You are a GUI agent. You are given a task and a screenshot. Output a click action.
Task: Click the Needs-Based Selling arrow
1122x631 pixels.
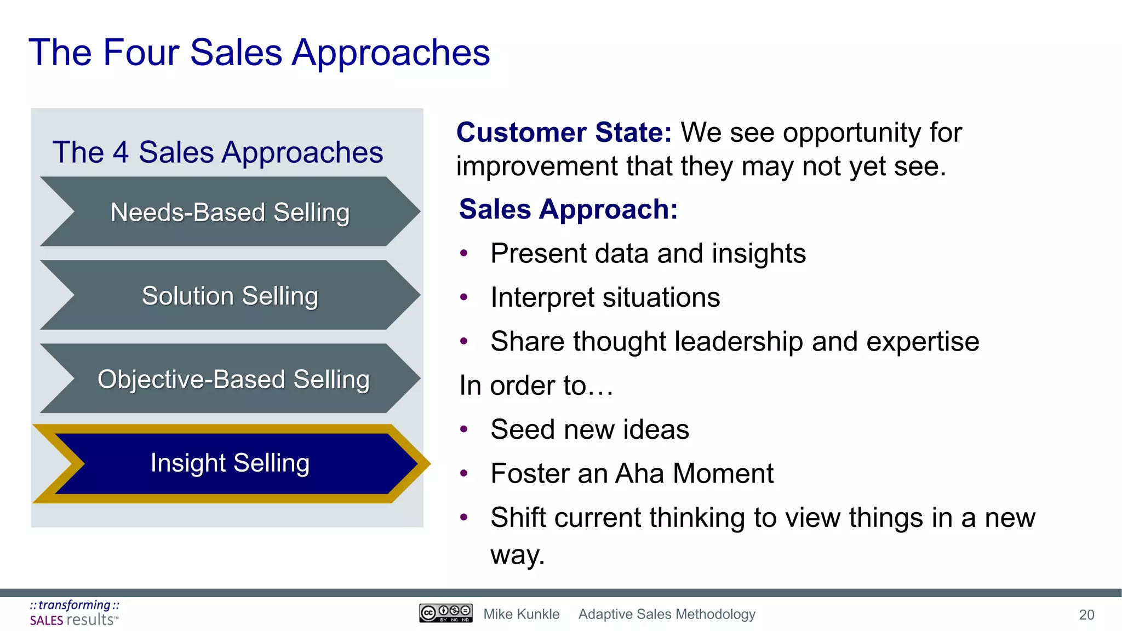point(230,212)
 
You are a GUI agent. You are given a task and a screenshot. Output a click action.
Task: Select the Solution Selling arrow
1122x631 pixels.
point(230,296)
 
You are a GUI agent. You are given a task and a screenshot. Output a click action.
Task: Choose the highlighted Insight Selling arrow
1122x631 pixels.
point(230,463)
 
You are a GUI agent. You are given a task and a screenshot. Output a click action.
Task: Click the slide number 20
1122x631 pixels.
point(1086,615)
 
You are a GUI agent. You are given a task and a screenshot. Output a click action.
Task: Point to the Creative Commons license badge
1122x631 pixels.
point(445,613)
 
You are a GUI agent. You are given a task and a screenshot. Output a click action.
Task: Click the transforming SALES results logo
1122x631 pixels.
point(75,613)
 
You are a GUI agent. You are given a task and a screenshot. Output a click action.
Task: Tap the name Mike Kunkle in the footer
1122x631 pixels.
point(521,614)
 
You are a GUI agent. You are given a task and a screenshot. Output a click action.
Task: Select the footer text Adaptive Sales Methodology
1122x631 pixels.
point(667,614)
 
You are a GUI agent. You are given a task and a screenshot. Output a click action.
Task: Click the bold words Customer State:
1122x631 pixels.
point(564,133)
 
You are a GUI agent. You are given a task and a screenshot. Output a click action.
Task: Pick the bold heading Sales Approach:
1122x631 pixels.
point(568,209)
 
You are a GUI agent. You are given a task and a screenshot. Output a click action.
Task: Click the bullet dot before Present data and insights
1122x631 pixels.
point(464,254)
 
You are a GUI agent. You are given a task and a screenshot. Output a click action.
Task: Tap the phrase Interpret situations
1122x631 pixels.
point(605,297)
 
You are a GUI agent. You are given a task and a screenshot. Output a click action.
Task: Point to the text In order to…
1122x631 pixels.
point(536,385)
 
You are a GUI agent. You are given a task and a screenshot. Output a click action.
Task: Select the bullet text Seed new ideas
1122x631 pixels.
point(589,429)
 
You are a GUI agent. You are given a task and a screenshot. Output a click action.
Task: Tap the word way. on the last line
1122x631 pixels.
point(517,554)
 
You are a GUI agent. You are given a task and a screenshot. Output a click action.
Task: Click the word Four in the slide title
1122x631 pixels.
point(141,53)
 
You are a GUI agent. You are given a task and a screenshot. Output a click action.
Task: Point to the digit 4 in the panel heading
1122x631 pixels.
point(121,152)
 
